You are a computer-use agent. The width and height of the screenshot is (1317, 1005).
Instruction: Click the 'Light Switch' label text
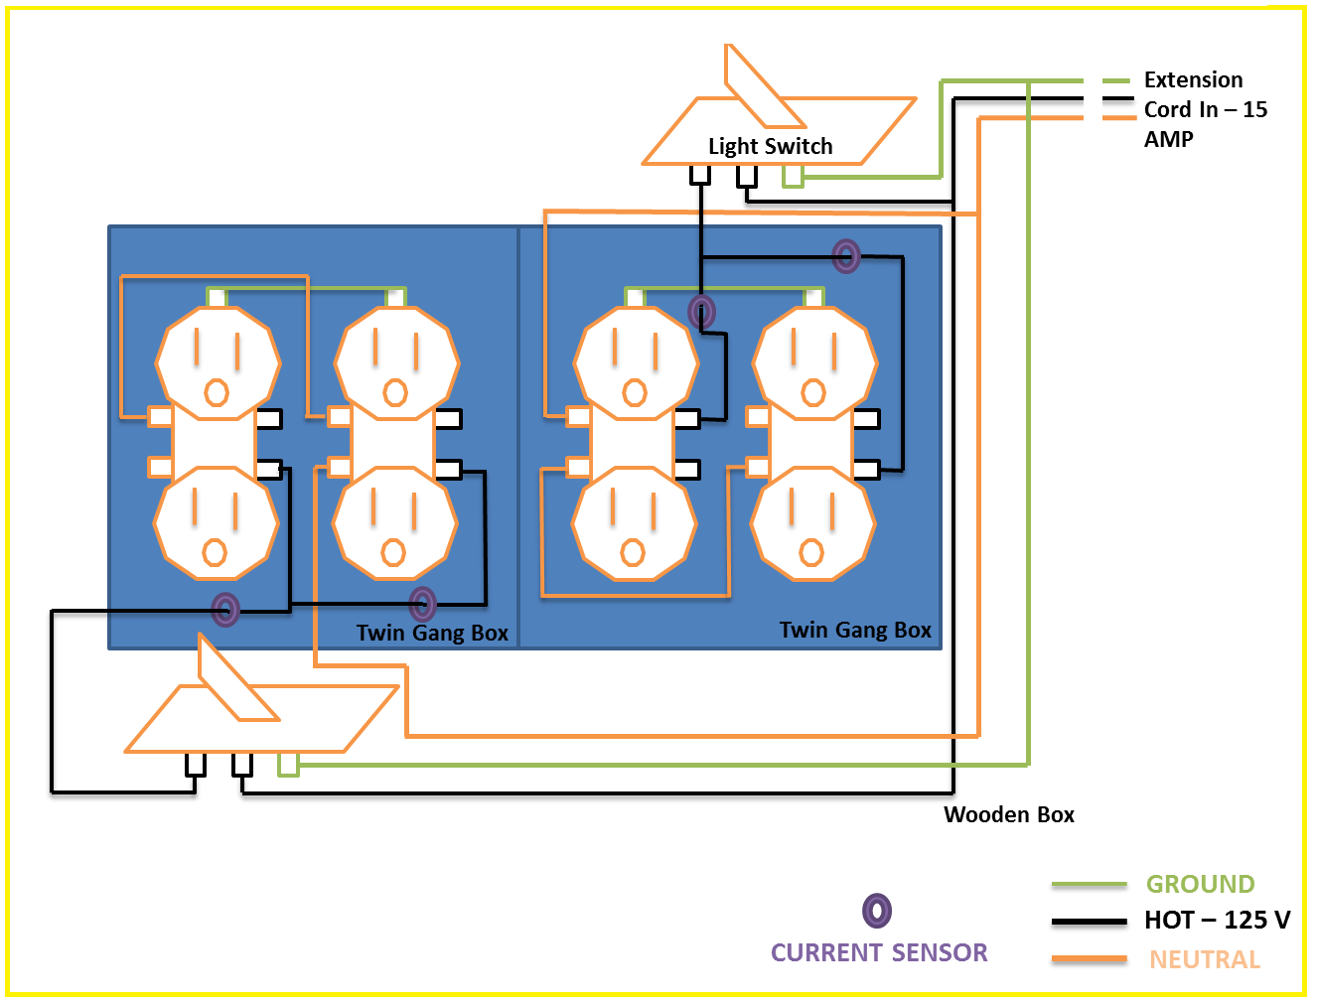[770, 146]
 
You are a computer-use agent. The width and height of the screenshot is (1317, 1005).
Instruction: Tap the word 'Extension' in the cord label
[1193, 79]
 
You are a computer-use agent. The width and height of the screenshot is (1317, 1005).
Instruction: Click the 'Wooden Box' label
[1008, 814]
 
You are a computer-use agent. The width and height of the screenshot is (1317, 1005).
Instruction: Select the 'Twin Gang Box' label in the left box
[432, 633]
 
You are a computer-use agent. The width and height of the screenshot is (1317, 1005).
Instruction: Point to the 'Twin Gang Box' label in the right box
[855, 630]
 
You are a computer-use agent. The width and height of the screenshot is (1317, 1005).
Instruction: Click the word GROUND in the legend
[1200, 884]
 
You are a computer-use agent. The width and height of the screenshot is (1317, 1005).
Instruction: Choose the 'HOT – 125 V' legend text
[1217, 920]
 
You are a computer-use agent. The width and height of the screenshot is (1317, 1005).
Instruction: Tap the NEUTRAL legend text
[1204, 959]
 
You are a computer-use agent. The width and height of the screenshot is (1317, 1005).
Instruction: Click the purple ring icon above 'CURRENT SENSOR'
[876, 911]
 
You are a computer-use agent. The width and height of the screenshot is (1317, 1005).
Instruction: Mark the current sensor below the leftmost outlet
[225, 609]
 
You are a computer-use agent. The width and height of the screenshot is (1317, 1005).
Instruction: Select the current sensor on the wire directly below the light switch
[701, 312]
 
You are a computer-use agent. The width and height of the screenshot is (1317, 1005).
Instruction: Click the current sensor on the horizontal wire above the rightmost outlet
[846, 256]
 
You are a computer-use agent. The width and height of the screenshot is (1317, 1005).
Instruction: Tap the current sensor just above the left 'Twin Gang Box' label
[422, 603]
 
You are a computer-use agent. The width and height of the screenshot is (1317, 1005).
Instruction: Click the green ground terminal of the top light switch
[792, 177]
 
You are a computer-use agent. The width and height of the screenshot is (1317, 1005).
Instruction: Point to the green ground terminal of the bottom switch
[288, 764]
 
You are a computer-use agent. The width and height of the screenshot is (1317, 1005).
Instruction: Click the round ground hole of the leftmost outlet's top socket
[217, 393]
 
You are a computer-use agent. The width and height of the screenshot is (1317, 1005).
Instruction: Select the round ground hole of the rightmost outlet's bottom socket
[811, 552]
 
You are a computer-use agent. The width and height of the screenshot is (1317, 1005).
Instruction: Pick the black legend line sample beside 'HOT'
[1089, 922]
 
